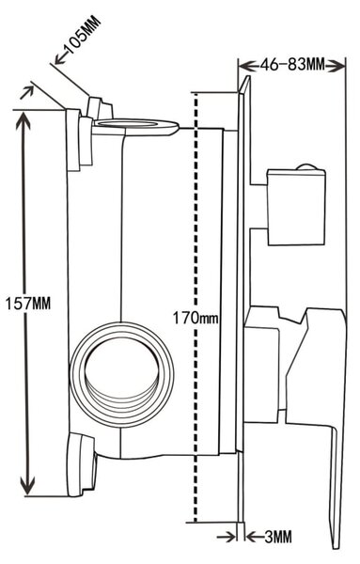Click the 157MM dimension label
[28, 304]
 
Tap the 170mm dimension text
[196, 318]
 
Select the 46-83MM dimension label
[292, 65]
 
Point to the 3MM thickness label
[278, 538]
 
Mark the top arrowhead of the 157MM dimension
[24, 121]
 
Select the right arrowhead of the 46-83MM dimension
[336, 66]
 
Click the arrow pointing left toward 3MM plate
[255, 538]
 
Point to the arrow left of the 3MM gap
[227, 538]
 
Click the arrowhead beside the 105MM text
[60, 58]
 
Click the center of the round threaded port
[122, 374]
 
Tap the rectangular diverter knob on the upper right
[296, 208]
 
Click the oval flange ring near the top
[135, 126]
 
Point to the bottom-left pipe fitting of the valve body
[81, 464]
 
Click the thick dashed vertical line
[195, 361]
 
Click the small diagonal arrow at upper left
[26, 92]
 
